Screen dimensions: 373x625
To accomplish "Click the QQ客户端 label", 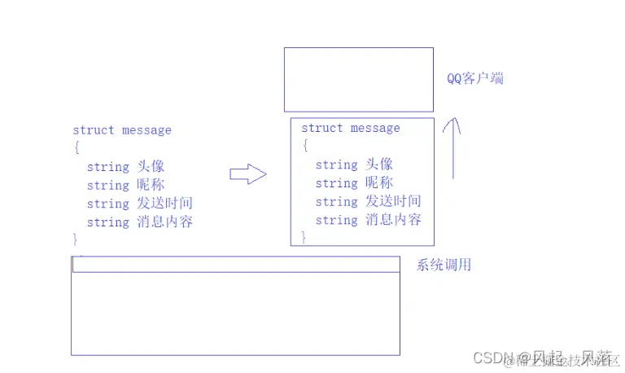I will pyautogui.click(x=474, y=79).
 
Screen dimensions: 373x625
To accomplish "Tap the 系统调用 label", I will pyautogui.click(x=444, y=265).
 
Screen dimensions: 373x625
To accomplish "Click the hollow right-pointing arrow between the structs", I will pyautogui.click(x=248, y=173).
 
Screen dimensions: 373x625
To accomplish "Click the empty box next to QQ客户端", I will pyautogui.click(x=358, y=79).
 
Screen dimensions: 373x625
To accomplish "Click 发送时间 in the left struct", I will pyautogui.click(x=165, y=204).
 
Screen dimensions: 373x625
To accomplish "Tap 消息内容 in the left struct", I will pyautogui.click(x=165, y=222).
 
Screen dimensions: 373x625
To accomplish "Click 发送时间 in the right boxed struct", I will pyautogui.click(x=394, y=201).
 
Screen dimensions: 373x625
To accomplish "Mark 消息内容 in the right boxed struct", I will pyautogui.click(x=394, y=220).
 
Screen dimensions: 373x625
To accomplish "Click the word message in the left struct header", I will pyautogui.click(x=146, y=130).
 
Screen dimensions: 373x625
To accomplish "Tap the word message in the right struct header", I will pyautogui.click(x=375, y=129).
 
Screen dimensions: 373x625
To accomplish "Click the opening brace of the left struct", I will pyautogui.click(x=76, y=147).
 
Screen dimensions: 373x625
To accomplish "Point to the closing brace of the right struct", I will pyautogui.click(x=304, y=238).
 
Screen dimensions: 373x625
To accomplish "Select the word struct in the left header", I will pyautogui.click(x=94, y=130).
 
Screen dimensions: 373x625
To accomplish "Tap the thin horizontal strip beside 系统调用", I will pyautogui.click(x=236, y=265).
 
